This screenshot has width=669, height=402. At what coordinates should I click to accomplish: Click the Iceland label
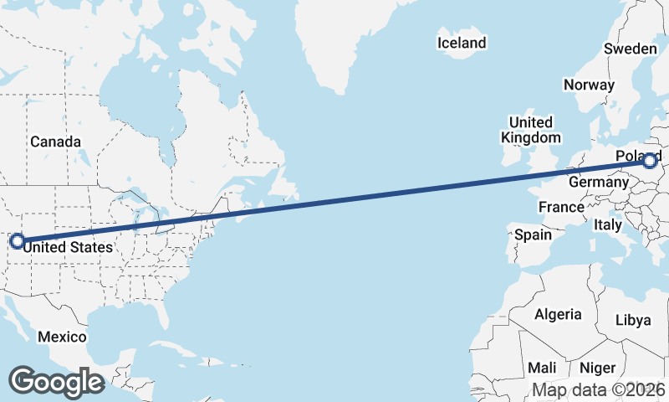coord(461,43)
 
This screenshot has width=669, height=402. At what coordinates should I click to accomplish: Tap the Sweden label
coord(631,49)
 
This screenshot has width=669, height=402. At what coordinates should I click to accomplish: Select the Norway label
coord(589,85)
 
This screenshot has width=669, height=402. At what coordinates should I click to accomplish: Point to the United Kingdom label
coord(531,130)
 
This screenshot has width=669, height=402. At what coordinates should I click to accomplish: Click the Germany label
coord(598,182)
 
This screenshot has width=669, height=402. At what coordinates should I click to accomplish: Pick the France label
coord(560,207)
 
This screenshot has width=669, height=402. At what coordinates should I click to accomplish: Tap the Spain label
coord(534,234)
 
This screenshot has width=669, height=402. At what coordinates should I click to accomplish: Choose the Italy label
coord(607,224)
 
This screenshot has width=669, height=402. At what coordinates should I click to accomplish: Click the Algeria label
coord(558,314)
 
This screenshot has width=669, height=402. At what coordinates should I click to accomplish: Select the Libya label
coord(632,320)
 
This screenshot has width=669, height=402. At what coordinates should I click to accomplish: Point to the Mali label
coord(542,368)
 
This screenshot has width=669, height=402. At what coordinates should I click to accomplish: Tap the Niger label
coord(597,368)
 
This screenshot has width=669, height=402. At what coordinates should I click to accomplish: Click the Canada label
coord(56,142)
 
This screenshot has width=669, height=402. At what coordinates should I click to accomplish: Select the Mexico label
coord(62,337)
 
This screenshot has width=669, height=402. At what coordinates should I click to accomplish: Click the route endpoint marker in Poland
coord(651,159)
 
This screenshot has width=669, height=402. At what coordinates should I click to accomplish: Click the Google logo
coord(56,382)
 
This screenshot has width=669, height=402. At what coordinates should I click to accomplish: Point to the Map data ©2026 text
coord(598,389)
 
